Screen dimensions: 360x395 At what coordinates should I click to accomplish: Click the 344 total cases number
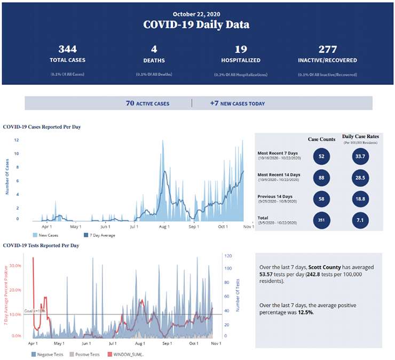coord(67,50)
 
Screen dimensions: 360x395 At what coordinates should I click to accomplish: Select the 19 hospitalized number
coord(240,50)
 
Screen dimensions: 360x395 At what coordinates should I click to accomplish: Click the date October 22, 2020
coord(197,13)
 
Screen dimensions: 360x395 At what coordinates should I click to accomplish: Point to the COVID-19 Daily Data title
coord(197,25)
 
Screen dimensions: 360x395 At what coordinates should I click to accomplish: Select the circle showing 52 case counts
coord(321,156)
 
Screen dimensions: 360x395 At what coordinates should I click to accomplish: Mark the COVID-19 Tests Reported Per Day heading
coord(41,245)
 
